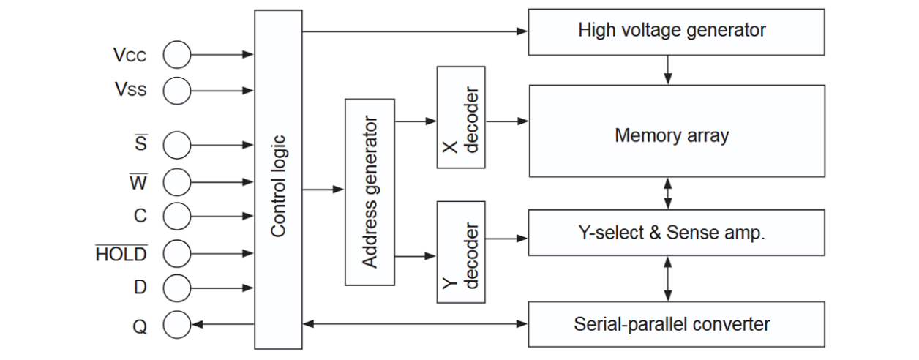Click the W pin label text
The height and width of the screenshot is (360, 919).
[x=138, y=181]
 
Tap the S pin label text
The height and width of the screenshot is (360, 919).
[x=140, y=144]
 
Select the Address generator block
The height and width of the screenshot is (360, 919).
[x=370, y=192]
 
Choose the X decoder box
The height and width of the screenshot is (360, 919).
[x=461, y=117]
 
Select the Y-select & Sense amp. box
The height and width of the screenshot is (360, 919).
[x=672, y=233]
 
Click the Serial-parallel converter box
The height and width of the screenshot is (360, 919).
[x=672, y=323]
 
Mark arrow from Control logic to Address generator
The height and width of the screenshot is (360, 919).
[x=323, y=190]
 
